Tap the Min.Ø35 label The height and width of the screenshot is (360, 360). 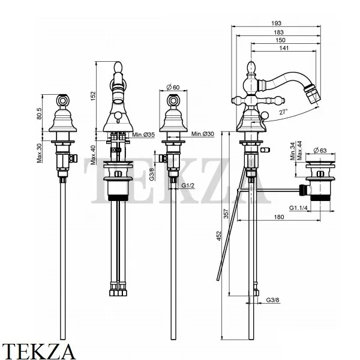click(143, 136)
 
